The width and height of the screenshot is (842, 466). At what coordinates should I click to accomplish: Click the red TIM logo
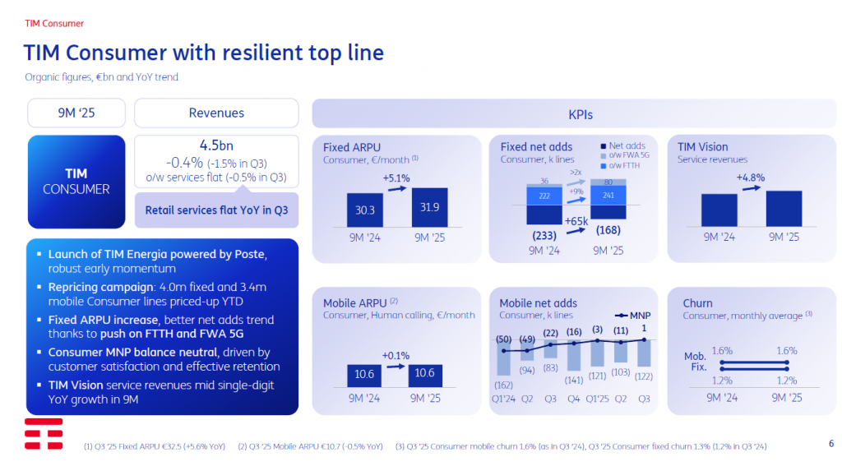43,434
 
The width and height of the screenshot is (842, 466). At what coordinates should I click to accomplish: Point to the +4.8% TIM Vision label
751,178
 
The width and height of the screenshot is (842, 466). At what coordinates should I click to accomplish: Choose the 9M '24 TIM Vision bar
719,210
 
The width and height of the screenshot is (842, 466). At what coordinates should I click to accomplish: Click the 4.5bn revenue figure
215,145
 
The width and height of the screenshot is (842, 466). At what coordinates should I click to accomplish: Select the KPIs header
580,115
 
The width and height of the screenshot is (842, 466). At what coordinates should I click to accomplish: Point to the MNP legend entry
633,314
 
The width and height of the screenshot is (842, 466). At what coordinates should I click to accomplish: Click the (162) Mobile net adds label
504,385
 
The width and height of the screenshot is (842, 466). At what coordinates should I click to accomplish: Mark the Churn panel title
697,303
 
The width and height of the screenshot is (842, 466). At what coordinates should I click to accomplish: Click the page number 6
831,444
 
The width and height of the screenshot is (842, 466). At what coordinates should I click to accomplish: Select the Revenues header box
215,113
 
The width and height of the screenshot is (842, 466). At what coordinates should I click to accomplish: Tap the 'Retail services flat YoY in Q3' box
215,210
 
